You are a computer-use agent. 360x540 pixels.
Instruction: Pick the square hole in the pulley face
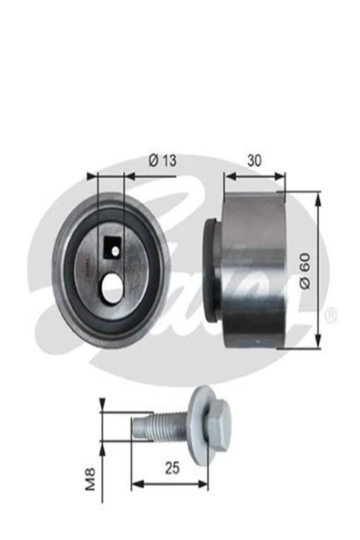pyautogui.click(x=114, y=244)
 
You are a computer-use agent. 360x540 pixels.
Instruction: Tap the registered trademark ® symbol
pyautogui.click(x=331, y=315)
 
